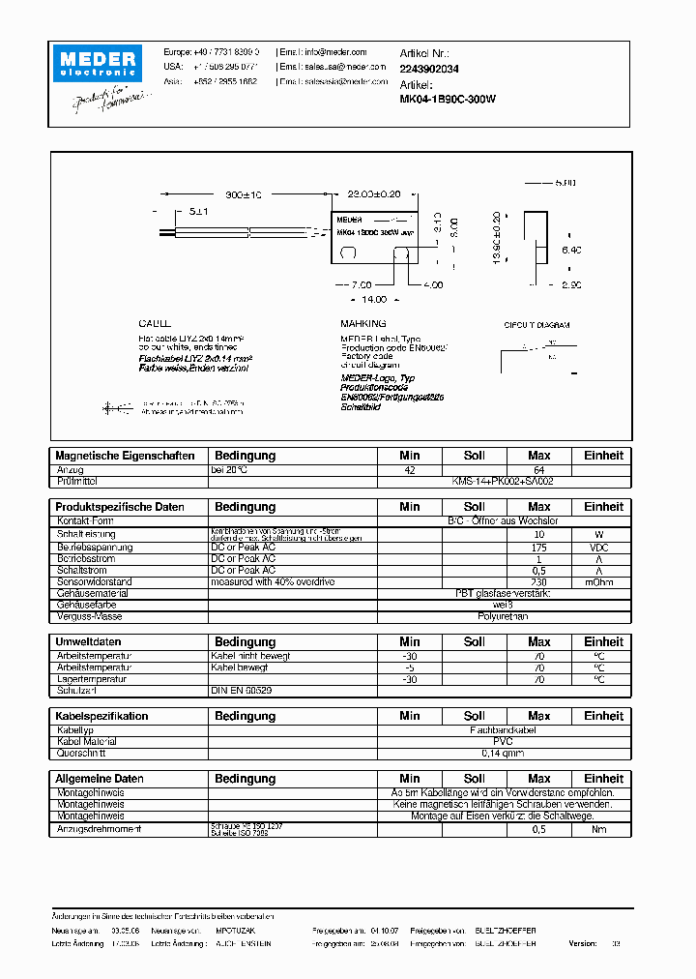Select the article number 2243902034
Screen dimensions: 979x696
pos(429,69)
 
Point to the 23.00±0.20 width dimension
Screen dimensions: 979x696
pos(374,194)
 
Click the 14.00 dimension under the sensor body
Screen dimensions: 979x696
pos(374,300)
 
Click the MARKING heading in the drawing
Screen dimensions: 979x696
pos(363,323)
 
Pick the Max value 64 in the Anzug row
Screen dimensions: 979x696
pos(538,469)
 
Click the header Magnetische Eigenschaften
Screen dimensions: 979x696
pos(125,456)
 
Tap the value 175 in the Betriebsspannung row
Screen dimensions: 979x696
pos(538,548)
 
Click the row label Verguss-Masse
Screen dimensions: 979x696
pos(89,616)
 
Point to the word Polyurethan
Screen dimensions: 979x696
pos(503,616)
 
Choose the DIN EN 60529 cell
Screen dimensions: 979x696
pos(242,691)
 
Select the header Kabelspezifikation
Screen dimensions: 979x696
pos(102,717)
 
